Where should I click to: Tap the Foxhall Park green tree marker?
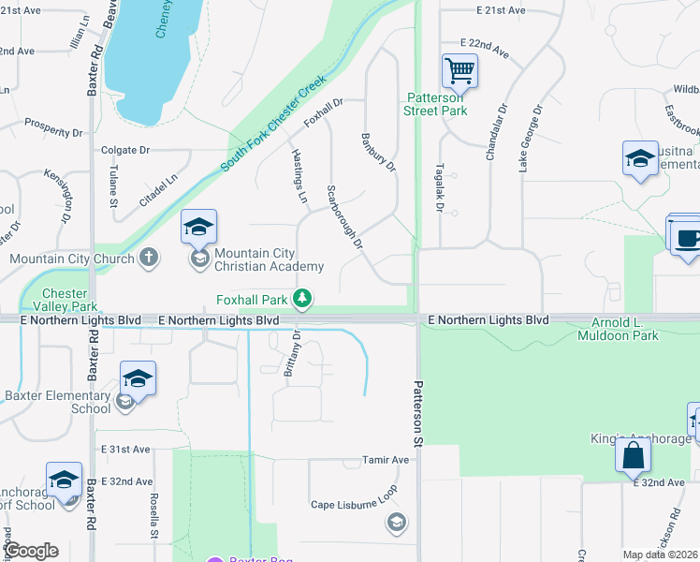tap(302, 299)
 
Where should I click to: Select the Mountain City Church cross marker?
tap(149, 258)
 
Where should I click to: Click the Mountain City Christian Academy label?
tap(269, 259)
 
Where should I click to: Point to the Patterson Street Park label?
tap(435, 103)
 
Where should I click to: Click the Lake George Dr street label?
tap(530, 138)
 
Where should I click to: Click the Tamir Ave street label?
tap(386, 460)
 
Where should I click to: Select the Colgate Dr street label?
tap(125, 150)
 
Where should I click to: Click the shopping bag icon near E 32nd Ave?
tap(633, 456)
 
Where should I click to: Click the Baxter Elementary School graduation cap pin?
tap(138, 379)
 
